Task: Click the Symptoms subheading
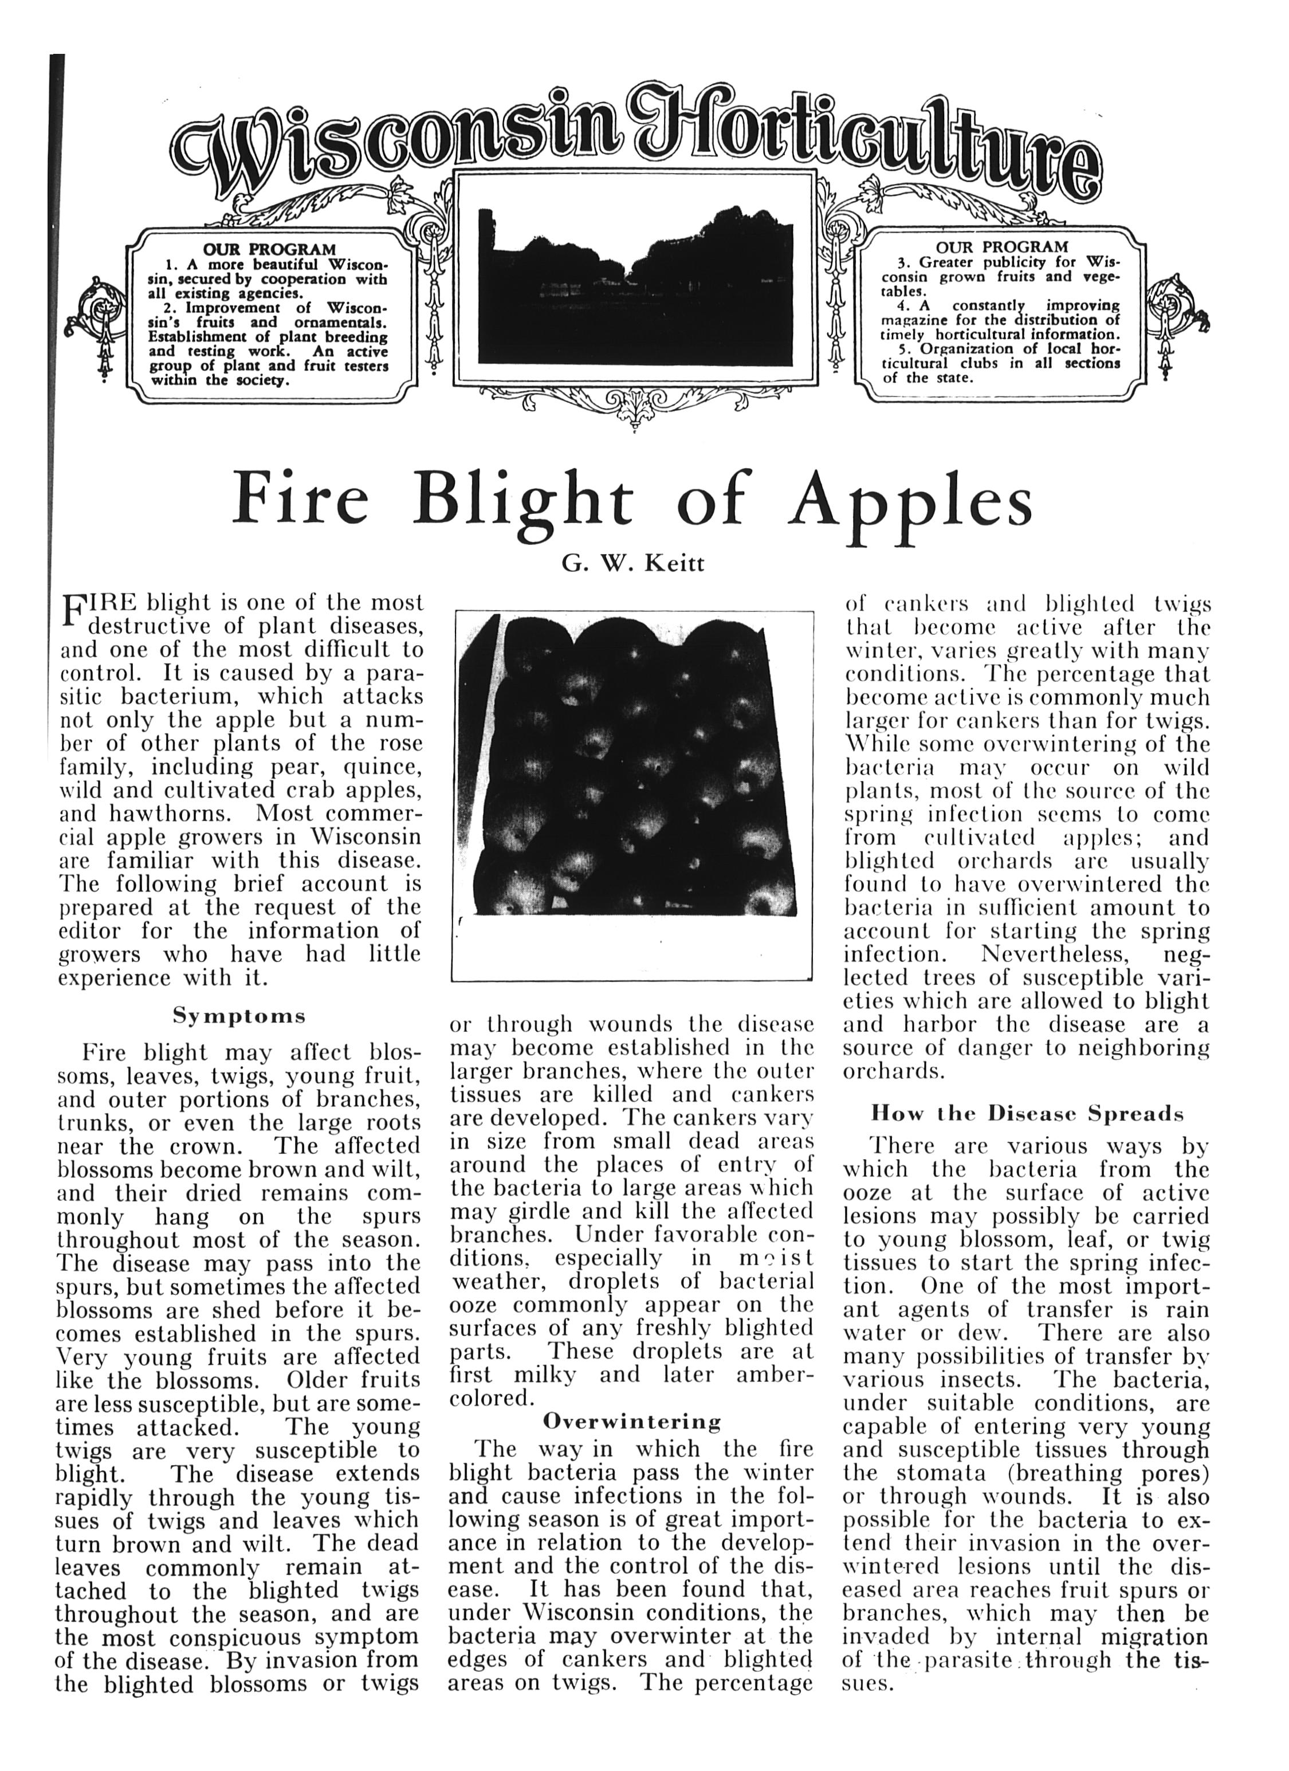(x=239, y=1016)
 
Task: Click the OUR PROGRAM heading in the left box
(x=269, y=250)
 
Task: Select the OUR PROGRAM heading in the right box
(x=1001, y=247)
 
